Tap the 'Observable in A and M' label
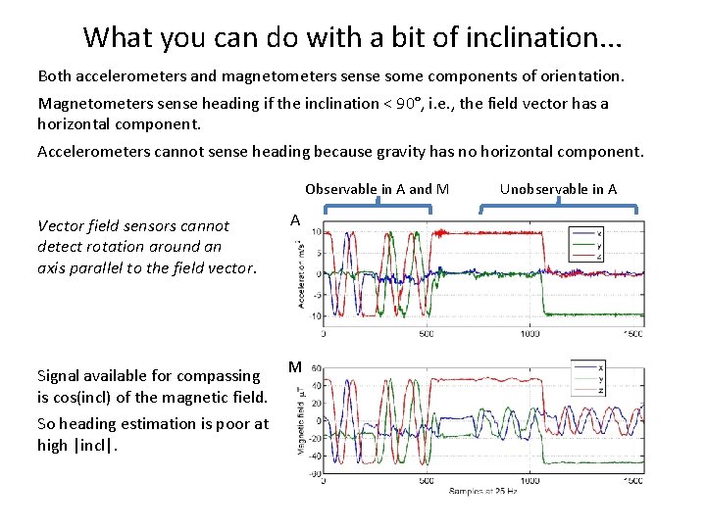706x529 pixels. click(377, 189)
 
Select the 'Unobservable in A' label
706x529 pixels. click(558, 189)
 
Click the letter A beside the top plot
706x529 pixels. click(294, 221)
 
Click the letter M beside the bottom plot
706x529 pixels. click(294, 367)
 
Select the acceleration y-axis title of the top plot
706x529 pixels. click(304, 274)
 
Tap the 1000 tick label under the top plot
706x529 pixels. click(529, 334)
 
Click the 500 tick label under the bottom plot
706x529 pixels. click(427, 481)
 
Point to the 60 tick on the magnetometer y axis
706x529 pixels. click(316, 368)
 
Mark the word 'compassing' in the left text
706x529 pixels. click(199, 375)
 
